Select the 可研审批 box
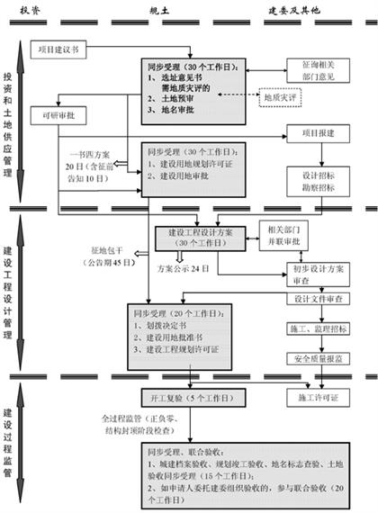pos(56,117)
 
